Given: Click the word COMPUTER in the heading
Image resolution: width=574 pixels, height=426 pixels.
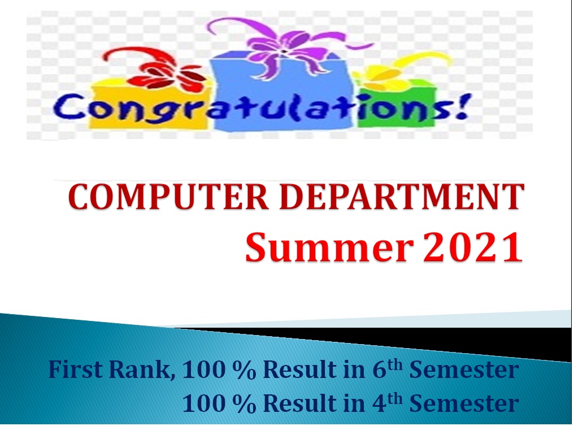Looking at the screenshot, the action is point(168,197).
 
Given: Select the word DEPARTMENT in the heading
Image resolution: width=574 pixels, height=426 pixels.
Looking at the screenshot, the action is point(402,197).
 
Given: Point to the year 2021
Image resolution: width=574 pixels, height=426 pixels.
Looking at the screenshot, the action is point(473,247).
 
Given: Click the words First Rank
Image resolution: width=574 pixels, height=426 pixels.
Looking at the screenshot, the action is point(110,370).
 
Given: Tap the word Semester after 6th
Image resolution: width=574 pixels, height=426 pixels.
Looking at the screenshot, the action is point(464,370).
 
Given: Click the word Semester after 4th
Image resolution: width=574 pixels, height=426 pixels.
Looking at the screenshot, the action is point(464,403).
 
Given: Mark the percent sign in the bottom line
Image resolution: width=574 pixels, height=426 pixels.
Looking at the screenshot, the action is point(244,403).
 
